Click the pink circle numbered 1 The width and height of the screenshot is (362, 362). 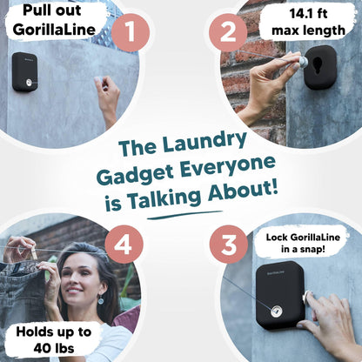tap(131, 32)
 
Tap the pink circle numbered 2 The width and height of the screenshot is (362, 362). tap(228, 32)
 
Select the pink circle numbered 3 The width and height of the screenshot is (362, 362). tap(229, 245)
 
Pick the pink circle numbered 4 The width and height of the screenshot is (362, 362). tap(124, 245)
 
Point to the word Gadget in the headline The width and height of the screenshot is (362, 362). tap(135, 176)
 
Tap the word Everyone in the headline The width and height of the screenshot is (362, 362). tap(228, 167)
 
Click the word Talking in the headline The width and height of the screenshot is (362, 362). tap(164, 198)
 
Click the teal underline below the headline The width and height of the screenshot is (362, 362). tap(184, 215)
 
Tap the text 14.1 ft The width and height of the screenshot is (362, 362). tap(308, 14)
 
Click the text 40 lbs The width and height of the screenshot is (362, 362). tap(54, 348)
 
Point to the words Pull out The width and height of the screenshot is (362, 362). tap(52, 10)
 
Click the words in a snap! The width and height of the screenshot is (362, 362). tap(303, 249)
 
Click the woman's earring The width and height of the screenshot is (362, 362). tap(101, 299)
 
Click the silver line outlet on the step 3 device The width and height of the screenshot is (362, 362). tap(277, 312)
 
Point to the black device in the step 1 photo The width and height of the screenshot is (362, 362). tap(25, 72)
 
